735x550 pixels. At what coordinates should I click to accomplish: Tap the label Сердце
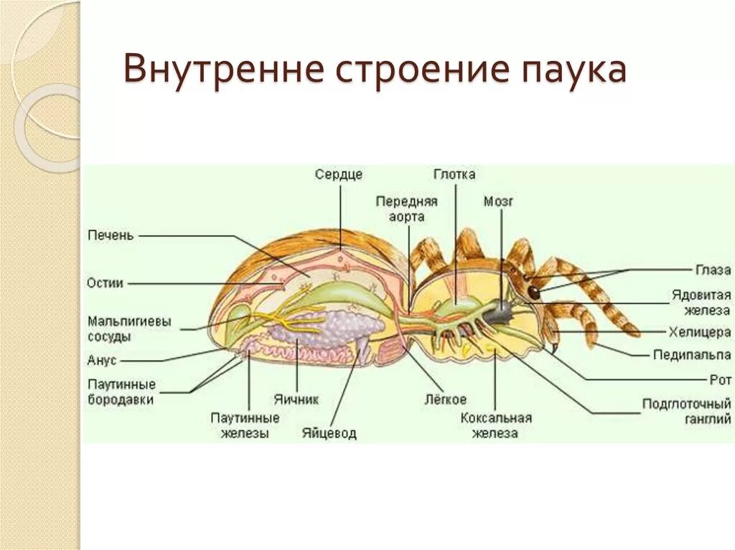338,174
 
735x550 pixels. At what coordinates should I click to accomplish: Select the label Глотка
454,174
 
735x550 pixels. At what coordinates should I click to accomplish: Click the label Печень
110,235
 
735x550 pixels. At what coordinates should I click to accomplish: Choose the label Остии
105,283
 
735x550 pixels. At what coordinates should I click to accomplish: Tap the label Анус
102,360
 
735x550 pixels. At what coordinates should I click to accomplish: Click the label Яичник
296,399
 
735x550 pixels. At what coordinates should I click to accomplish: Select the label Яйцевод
329,434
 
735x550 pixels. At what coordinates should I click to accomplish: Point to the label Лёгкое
444,399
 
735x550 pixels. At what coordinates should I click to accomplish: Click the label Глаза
713,270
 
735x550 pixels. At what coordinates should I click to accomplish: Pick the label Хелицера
699,331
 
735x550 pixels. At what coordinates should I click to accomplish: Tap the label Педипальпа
692,354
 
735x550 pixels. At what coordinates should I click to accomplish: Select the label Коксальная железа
495,425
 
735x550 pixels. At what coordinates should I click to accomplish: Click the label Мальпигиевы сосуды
128,328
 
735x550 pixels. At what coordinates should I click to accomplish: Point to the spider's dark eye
534,292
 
